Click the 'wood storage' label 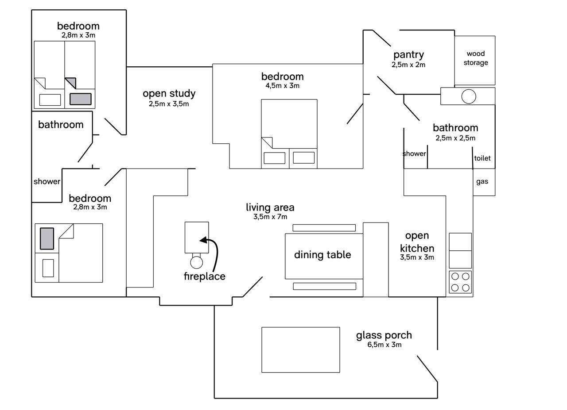pyautogui.click(x=476, y=58)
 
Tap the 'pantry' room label pyautogui.click(x=408, y=55)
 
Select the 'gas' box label pyautogui.click(x=482, y=181)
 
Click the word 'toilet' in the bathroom pyautogui.click(x=482, y=158)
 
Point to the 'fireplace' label pyautogui.click(x=204, y=276)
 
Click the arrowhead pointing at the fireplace pyautogui.click(x=202, y=240)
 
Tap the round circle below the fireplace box pyautogui.click(x=196, y=262)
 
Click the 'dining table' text pyautogui.click(x=322, y=255)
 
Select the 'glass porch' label pyautogui.click(x=384, y=335)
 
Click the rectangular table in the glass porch pyautogui.click(x=300, y=350)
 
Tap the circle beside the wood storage pyautogui.click(x=469, y=96)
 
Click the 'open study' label pyautogui.click(x=169, y=93)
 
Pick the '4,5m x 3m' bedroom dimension pyautogui.click(x=283, y=86)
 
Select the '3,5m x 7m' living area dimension pyautogui.click(x=270, y=217)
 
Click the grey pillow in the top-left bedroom pyautogui.click(x=80, y=99)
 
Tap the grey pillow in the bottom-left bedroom pyautogui.click(x=47, y=238)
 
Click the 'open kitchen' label pyautogui.click(x=417, y=241)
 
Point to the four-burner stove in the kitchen pyautogui.click(x=460, y=282)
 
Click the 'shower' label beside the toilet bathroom pyautogui.click(x=414, y=154)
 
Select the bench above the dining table pyautogui.click(x=324, y=228)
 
